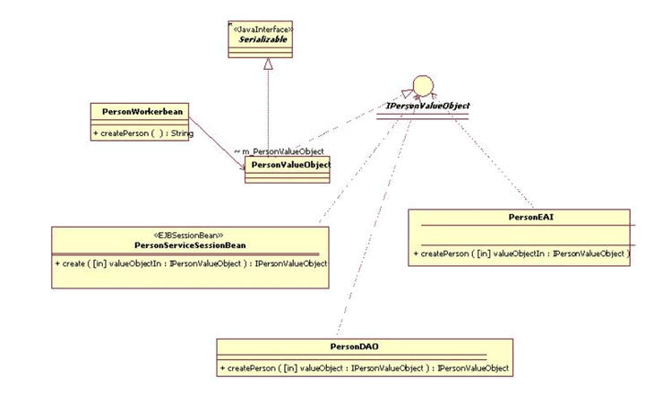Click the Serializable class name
coord(263,39)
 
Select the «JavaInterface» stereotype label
coord(263,29)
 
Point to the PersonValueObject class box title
coord(288,165)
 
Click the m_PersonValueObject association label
coord(279,151)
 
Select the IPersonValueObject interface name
coord(427,106)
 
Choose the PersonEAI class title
coord(521,216)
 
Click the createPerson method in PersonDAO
coord(364,368)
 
